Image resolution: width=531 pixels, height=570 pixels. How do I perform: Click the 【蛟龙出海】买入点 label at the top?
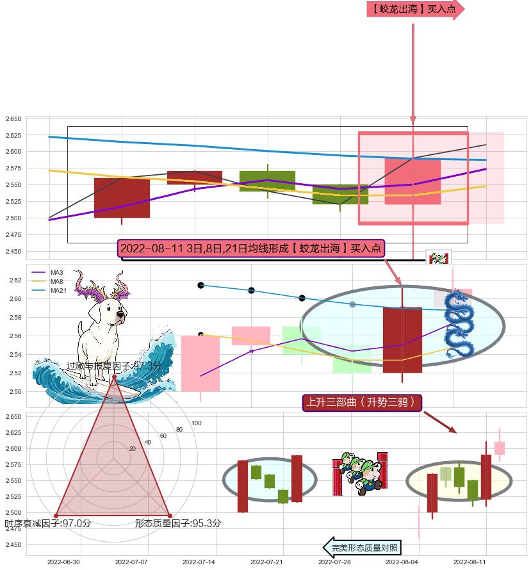(414, 9)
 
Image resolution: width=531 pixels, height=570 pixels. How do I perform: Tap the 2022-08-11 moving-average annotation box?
(250, 248)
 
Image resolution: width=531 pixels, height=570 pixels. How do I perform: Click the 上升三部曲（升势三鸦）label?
(362, 402)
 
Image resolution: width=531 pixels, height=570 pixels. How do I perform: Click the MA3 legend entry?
(56, 273)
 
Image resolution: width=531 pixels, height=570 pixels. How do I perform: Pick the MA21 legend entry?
(58, 290)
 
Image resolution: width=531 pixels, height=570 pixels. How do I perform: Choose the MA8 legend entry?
(56, 282)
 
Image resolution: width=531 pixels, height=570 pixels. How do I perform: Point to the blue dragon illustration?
(459, 324)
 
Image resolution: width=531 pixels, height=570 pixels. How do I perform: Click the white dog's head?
(111, 313)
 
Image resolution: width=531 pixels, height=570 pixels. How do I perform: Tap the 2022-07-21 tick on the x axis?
(266, 562)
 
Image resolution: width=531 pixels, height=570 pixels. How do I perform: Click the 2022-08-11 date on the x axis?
(470, 562)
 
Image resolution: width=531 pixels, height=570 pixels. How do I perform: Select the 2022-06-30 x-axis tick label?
(63, 562)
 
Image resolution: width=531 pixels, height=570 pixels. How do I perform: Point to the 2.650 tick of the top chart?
(14, 119)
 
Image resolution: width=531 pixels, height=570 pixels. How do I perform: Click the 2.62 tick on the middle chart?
(15, 281)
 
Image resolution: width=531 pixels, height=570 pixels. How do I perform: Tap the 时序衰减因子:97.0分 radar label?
(48, 523)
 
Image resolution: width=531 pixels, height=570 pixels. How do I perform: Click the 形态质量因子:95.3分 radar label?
(178, 523)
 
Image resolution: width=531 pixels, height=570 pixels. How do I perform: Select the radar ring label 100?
(197, 423)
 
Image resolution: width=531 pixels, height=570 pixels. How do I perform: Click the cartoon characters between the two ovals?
(361, 474)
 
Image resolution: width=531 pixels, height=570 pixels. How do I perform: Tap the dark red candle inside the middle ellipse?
(402, 340)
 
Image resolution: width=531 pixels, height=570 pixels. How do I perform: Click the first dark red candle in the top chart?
(122, 198)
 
